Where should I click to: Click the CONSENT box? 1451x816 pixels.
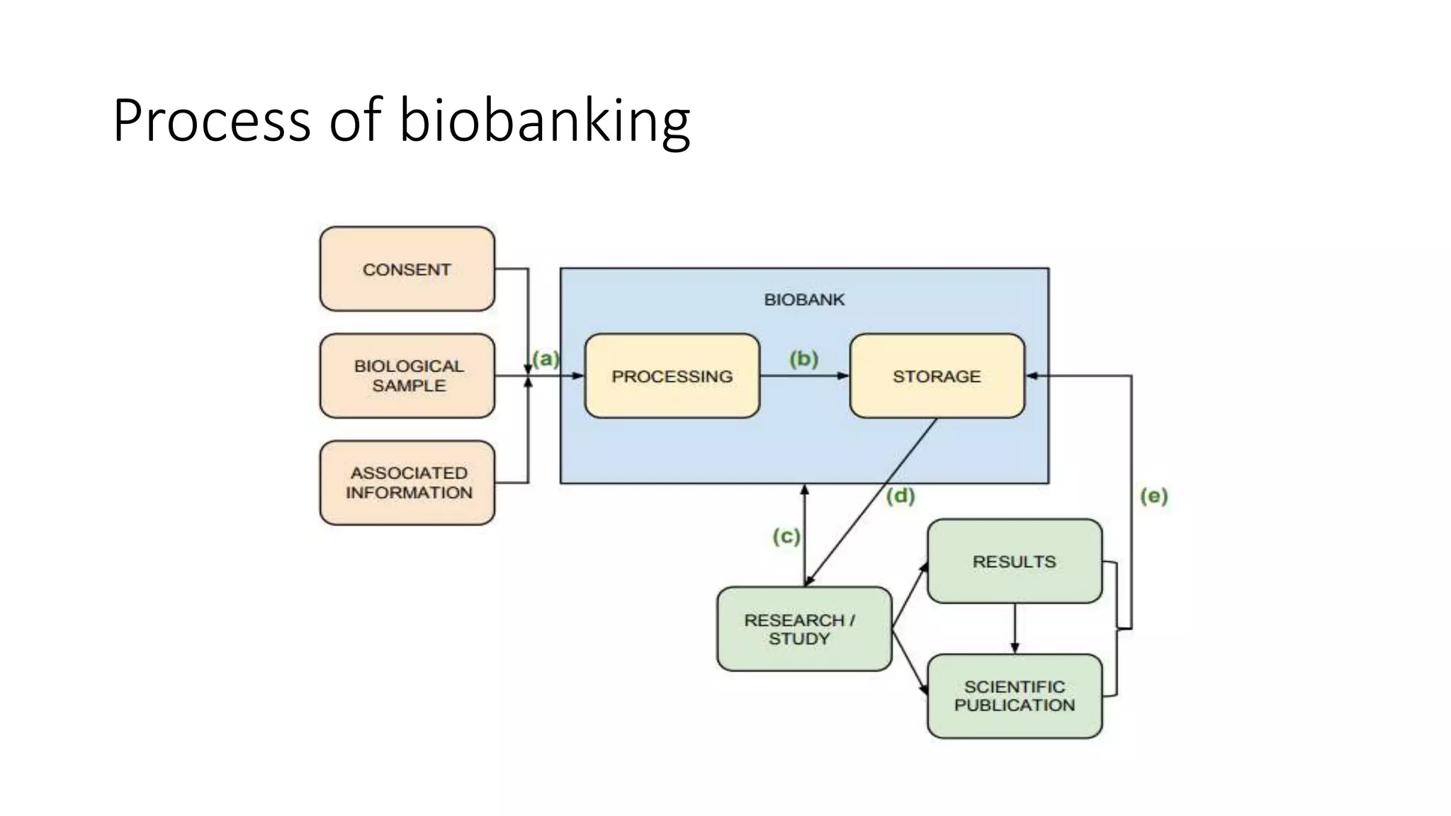407,269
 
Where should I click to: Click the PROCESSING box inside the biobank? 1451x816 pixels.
672,376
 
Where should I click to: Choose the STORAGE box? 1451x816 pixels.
937,376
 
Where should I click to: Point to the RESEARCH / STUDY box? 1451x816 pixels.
803,629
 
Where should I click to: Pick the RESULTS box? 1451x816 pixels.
1014,562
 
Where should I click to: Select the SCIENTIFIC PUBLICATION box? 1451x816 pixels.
1014,696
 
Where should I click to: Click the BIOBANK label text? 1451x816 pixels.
804,300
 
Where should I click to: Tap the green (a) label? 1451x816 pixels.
546,358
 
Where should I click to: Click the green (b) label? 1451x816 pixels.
803,358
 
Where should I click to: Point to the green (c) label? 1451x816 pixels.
786,536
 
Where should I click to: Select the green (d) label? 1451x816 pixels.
900,496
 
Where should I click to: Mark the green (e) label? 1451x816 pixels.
1153,496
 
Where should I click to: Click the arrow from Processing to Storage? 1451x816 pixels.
804,376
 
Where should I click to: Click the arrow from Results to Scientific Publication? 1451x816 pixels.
1015,628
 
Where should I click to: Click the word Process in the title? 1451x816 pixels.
211,120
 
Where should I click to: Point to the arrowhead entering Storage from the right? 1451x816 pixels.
1032,376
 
